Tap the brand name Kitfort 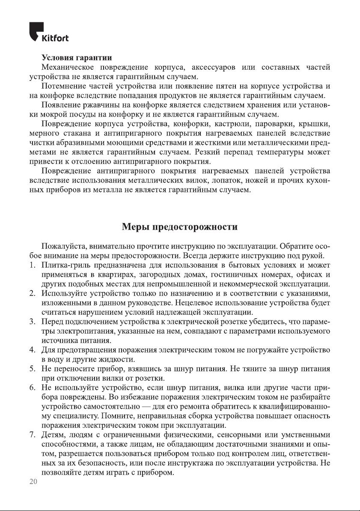tap(55, 38)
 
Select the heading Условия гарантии tap(77, 57)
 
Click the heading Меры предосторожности tap(180, 226)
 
